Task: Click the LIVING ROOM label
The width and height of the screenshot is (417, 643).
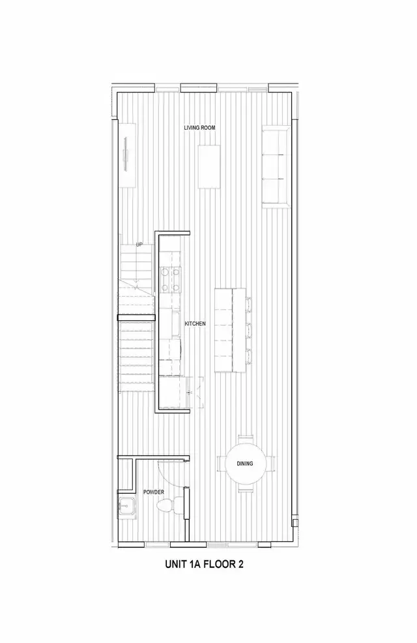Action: pyautogui.click(x=199, y=128)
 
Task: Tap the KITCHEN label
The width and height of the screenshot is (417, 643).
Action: pyautogui.click(x=195, y=323)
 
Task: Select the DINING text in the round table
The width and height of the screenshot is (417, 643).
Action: pyautogui.click(x=244, y=464)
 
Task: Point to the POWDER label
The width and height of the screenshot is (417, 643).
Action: pyautogui.click(x=154, y=492)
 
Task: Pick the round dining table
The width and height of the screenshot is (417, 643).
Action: pyautogui.click(x=244, y=464)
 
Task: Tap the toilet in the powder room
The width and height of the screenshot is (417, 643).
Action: pyautogui.click(x=167, y=506)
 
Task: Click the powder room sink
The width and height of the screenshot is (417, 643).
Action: pyautogui.click(x=126, y=505)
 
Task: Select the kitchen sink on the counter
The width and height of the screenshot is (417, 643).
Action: pyautogui.click(x=174, y=322)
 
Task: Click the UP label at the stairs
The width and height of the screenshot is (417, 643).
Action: pyautogui.click(x=139, y=245)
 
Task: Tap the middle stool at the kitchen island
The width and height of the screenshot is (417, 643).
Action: pyautogui.click(x=248, y=329)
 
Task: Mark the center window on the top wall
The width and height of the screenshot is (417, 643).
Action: pyautogui.click(x=199, y=87)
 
